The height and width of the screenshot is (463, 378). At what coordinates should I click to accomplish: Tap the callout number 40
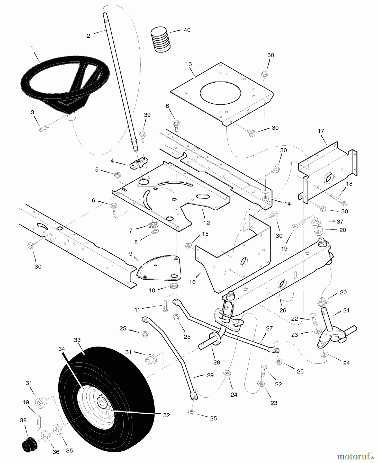(187, 30)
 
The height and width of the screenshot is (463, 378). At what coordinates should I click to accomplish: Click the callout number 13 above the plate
(188, 64)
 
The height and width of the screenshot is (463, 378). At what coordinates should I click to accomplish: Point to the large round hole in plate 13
(220, 93)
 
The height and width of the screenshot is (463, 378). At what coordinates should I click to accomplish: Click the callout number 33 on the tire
(77, 340)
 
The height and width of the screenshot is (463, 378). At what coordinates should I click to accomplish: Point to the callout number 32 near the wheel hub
(166, 415)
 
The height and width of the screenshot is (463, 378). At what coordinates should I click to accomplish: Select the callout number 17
(321, 131)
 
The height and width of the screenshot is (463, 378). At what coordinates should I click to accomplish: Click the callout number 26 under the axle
(283, 310)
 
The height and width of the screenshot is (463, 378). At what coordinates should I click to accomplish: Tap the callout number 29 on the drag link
(210, 375)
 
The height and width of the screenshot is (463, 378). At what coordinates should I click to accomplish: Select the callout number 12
(206, 223)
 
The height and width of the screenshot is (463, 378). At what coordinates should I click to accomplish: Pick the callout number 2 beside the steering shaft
(88, 36)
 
